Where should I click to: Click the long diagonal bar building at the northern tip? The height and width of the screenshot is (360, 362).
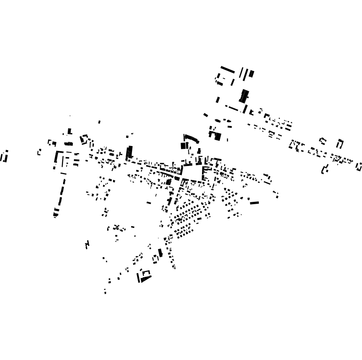pyautogui.click(x=228, y=70)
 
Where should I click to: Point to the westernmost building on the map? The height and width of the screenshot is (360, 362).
pyautogui.click(x=4, y=157)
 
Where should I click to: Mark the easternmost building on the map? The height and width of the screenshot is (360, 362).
pyautogui.click(x=359, y=167)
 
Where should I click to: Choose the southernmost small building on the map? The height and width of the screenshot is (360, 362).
pyautogui.click(x=105, y=292)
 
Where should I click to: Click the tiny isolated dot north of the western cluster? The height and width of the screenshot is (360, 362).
pyautogui.click(x=70, y=116)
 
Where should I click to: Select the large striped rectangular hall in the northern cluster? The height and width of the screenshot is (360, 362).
pyautogui.click(x=244, y=96)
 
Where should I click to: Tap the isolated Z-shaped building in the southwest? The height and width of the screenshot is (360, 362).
pyautogui.click(x=87, y=245)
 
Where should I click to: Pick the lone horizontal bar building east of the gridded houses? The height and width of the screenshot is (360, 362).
pyautogui.click(x=254, y=203)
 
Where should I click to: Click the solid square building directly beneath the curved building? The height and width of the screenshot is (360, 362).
pyautogui.click(x=184, y=146)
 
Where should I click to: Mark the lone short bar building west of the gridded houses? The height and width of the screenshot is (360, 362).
pyautogui.click(x=149, y=203)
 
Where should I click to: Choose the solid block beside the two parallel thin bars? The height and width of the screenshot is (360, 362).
pyautogui.click(x=251, y=74)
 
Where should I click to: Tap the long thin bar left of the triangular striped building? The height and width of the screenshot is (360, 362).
pyautogui.click(x=138, y=277)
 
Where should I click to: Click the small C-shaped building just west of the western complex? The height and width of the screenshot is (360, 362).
pyautogui.click(x=39, y=152)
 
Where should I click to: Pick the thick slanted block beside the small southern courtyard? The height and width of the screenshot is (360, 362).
pyautogui.click(x=160, y=253)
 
